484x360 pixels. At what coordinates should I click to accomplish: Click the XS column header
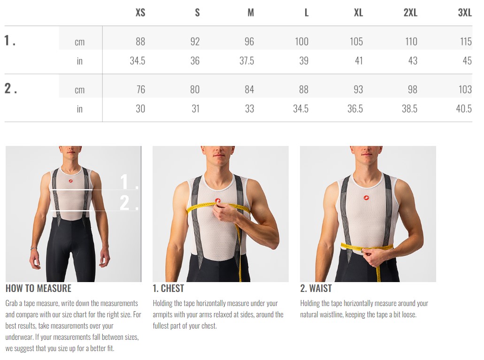pos(140,12)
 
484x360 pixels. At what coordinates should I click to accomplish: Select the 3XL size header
pos(465,12)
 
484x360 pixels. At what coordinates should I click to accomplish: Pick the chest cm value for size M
pos(249,41)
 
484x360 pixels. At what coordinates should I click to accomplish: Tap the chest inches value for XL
pos(359,61)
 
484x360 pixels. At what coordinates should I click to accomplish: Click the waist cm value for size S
pos(195,89)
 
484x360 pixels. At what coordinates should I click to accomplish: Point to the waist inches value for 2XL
pos(410,108)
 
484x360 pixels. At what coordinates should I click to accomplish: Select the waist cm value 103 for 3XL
pos(465,89)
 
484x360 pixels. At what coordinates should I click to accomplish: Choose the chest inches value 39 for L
pos(304,61)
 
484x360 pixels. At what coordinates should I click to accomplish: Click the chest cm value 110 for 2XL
pos(411,41)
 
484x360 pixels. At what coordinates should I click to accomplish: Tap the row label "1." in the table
pos(9,40)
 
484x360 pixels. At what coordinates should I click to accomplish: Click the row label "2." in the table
pos(10,88)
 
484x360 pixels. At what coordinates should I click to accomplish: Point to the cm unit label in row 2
pos(80,90)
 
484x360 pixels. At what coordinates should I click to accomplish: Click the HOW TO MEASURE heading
pos(38,288)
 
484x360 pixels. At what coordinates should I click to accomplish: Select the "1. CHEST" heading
pos(168,288)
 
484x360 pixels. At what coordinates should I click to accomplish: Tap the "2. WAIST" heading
pos(316,288)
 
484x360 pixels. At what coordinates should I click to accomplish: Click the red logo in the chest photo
pos(218,200)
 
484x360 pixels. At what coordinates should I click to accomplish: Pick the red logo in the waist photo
pos(366,198)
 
